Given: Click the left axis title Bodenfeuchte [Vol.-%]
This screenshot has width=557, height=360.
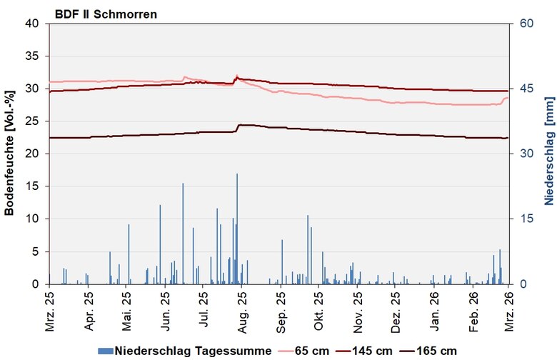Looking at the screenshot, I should pyautogui.click(x=9, y=154).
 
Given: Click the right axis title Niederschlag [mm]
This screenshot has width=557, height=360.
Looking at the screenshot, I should pyautogui.click(x=546, y=154).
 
